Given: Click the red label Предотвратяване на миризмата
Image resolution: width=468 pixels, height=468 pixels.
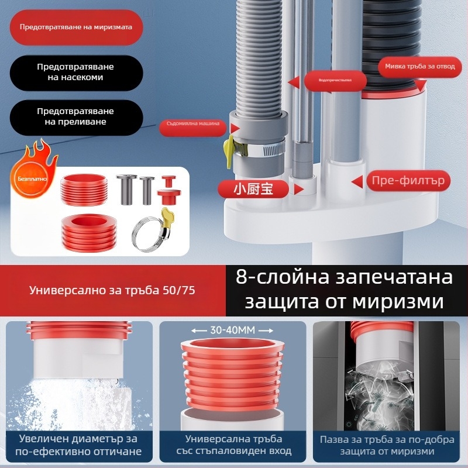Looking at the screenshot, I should [76, 27].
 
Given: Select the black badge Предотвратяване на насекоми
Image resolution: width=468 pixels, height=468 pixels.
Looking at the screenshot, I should [76, 71].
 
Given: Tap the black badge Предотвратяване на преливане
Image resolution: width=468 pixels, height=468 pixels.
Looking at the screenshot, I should [76, 116].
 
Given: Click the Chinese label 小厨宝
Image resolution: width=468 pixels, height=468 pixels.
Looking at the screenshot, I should [253, 188].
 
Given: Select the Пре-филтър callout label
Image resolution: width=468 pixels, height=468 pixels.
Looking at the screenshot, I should [408, 181].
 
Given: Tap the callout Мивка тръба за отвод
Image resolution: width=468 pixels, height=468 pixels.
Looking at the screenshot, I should [419, 67].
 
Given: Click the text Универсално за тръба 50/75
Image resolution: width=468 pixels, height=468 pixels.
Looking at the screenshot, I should [113, 290].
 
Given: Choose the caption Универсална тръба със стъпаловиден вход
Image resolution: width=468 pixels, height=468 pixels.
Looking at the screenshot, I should [234, 445].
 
